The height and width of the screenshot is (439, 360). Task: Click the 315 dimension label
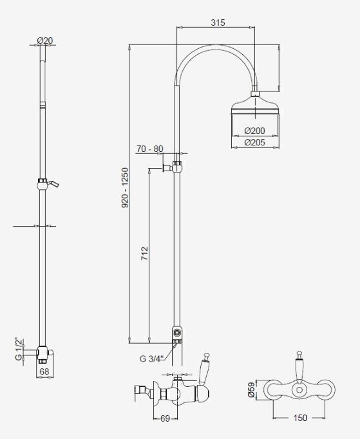(x=218, y=23)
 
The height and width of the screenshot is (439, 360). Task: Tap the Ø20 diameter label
(x=45, y=41)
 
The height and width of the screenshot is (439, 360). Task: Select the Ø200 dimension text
(x=254, y=131)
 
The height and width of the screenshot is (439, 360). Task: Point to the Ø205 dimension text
(x=254, y=142)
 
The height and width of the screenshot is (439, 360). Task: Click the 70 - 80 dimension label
(x=150, y=149)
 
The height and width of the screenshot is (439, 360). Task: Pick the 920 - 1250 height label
(x=125, y=187)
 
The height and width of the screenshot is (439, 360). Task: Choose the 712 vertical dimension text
(x=144, y=254)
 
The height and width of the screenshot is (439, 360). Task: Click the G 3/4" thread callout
(x=151, y=359)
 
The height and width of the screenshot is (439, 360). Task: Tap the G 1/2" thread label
(x=19, y=350)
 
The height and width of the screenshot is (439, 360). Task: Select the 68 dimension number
(x=44, y=371)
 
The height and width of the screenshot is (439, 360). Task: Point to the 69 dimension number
(x=166, y=418)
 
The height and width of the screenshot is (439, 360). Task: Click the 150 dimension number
(x=300, y=418)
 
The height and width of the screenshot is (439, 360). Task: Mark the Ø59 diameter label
(x=251, y=389)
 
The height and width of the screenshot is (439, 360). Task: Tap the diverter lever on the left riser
(x=53, y=183)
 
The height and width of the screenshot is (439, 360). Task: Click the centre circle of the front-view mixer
(x=299, y=389)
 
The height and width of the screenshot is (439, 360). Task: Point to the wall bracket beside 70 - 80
(x=167, y=168)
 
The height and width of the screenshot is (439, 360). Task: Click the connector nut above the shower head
(x=255, y=93)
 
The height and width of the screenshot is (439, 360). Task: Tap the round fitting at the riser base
(x=177, y=333)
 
